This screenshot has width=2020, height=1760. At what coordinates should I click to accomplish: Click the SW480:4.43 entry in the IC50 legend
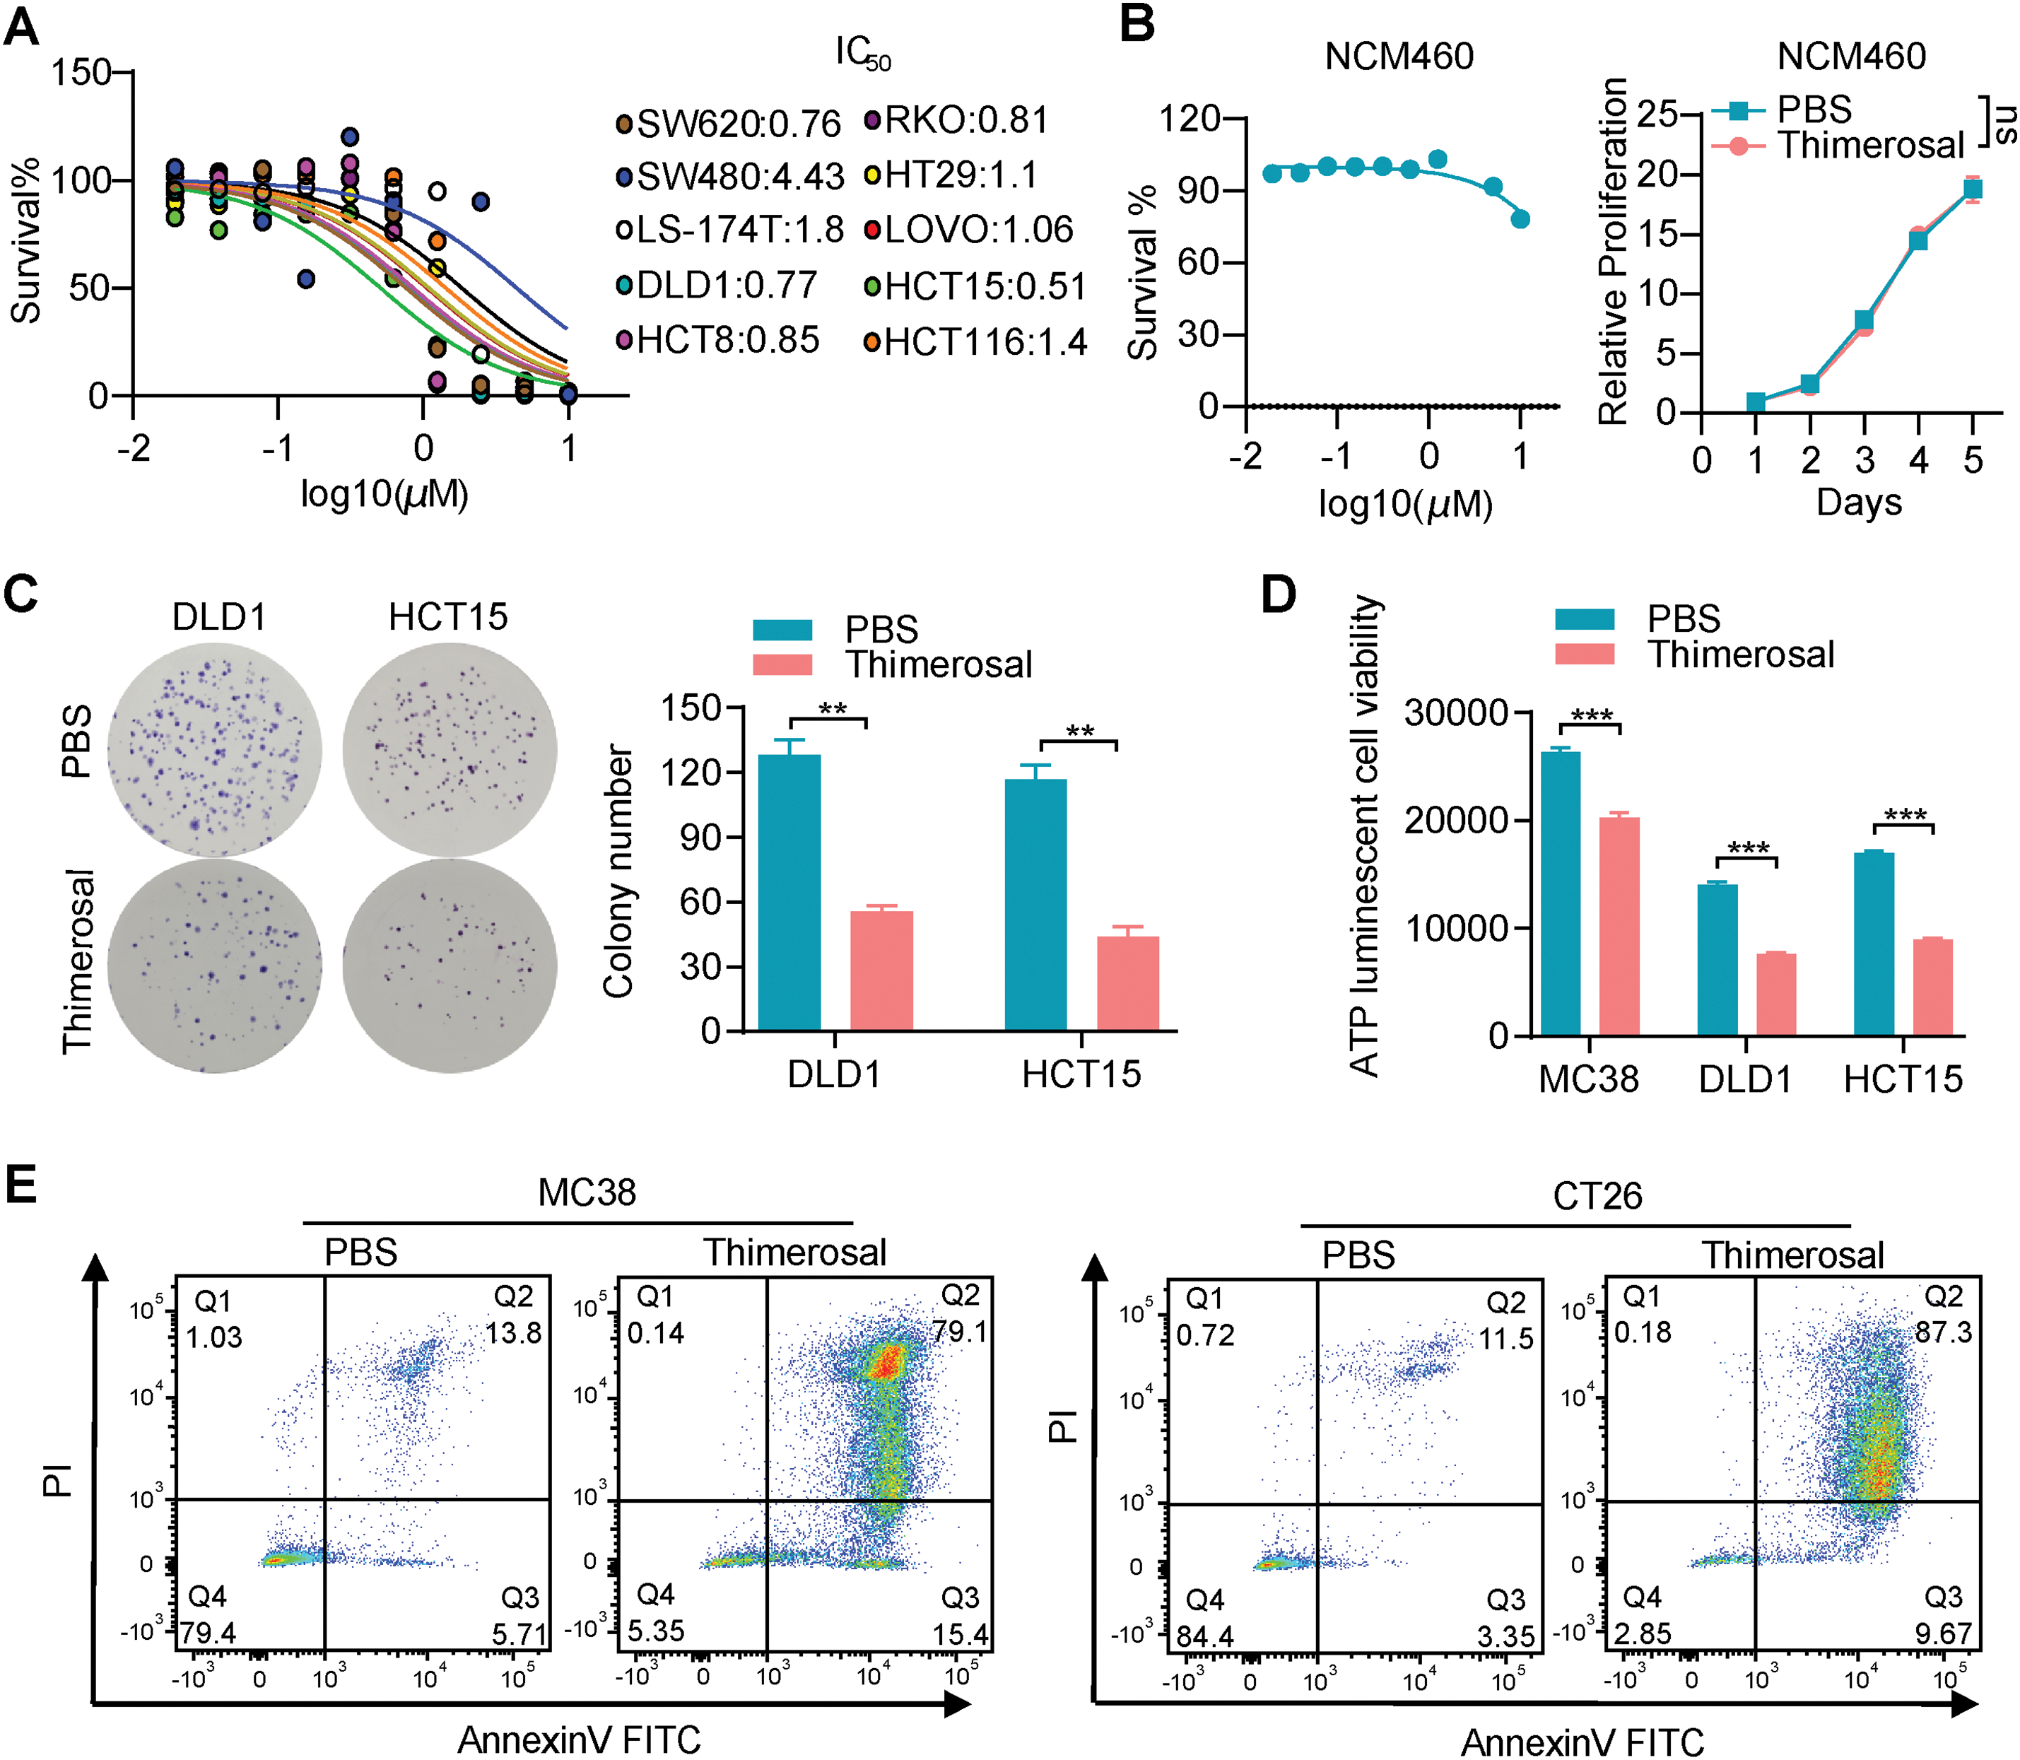tap(732, 177)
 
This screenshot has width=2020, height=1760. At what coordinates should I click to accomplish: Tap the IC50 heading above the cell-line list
tap(863, 53)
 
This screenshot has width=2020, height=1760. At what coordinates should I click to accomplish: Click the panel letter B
tap(1137, 23)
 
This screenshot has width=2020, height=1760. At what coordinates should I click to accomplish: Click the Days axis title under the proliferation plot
tap(1858, 502)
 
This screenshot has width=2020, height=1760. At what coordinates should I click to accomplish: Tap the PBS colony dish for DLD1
tap(215, 751)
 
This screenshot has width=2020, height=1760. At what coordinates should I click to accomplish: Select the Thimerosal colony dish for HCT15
tap(450, 966)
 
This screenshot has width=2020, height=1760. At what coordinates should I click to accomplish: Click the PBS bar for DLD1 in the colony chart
tap(789, 892)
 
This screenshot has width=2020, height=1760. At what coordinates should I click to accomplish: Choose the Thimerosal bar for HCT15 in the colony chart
tap(1127, 982)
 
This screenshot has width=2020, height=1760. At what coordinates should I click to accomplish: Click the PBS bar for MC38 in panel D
tap(1561, 893)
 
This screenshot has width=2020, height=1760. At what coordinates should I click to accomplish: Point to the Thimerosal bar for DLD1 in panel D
tap(1775, 994)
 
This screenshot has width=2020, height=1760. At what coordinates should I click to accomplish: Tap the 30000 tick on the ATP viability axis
tap(1455, 712)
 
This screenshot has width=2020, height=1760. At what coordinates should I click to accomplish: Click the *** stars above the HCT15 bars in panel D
tap(1904, 815)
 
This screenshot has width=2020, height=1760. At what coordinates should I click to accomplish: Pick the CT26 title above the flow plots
tap(1597, 1195)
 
